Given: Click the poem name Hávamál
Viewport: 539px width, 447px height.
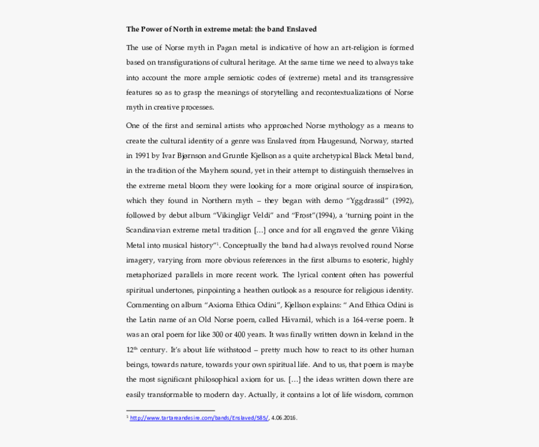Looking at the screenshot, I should (304, 320).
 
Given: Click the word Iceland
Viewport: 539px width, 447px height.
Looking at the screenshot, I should (374, 335).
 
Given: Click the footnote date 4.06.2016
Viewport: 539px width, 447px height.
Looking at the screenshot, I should (284, 418).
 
